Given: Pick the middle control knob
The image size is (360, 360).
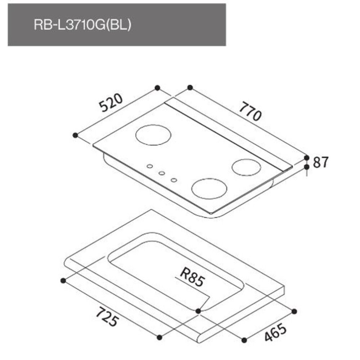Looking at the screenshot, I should [x=162, y=173].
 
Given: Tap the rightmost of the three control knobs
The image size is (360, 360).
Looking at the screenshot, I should [x=174, y=180].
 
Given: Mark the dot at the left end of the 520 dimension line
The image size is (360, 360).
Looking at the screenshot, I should [x=75, y=135].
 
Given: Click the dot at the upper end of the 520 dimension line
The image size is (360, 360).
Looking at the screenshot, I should [x=157, y=87].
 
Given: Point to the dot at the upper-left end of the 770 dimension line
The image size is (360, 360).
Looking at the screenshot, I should [x=190, y=87].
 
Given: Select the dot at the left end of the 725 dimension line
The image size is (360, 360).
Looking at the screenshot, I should [x=63, y=280].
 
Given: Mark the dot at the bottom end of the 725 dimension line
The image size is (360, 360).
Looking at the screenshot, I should [x=159, y=337].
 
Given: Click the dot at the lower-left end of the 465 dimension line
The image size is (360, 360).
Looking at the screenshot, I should [x=244, y=339].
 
